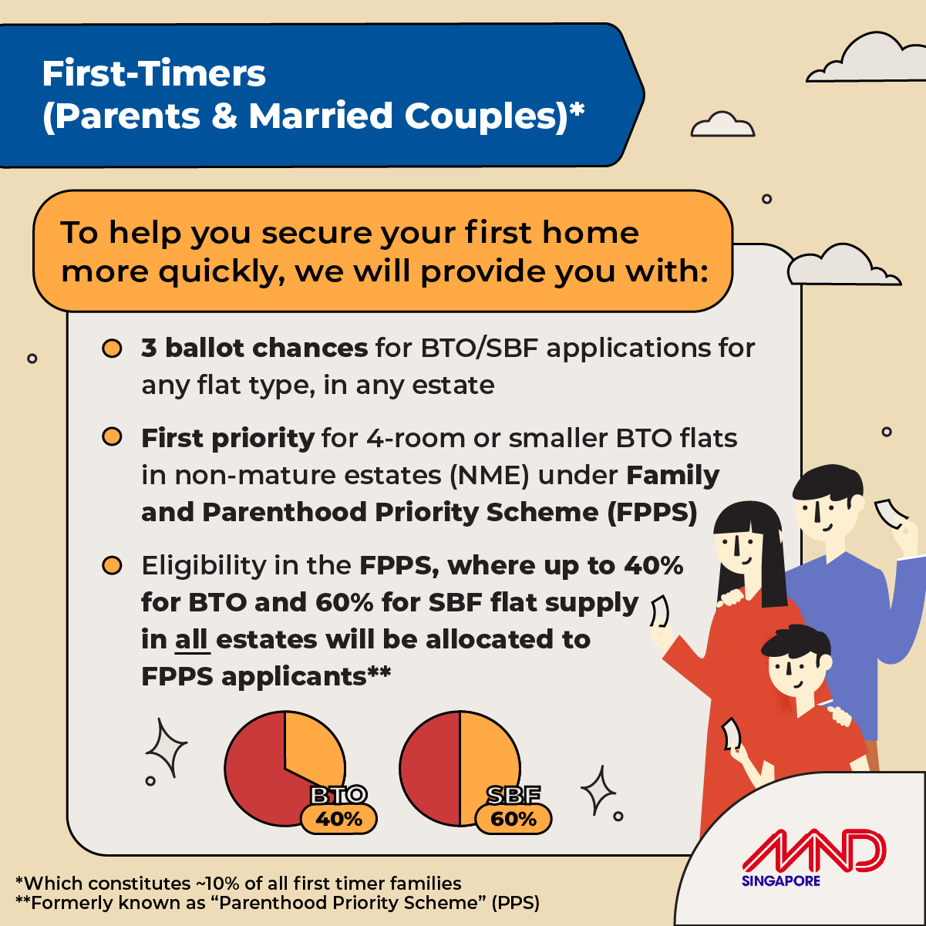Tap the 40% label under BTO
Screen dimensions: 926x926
click(338, 819)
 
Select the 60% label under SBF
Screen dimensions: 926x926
click(514, 819)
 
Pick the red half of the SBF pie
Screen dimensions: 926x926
click(429, 768)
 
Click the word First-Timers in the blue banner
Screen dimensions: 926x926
click(153, 73)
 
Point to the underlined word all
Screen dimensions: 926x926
click(191, 640)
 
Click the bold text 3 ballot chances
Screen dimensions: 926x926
click(254, 348)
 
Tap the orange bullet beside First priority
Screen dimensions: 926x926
click(112, 437)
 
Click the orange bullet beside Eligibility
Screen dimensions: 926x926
click(112, 566)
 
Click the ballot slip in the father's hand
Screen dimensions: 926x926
click(890, 514)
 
